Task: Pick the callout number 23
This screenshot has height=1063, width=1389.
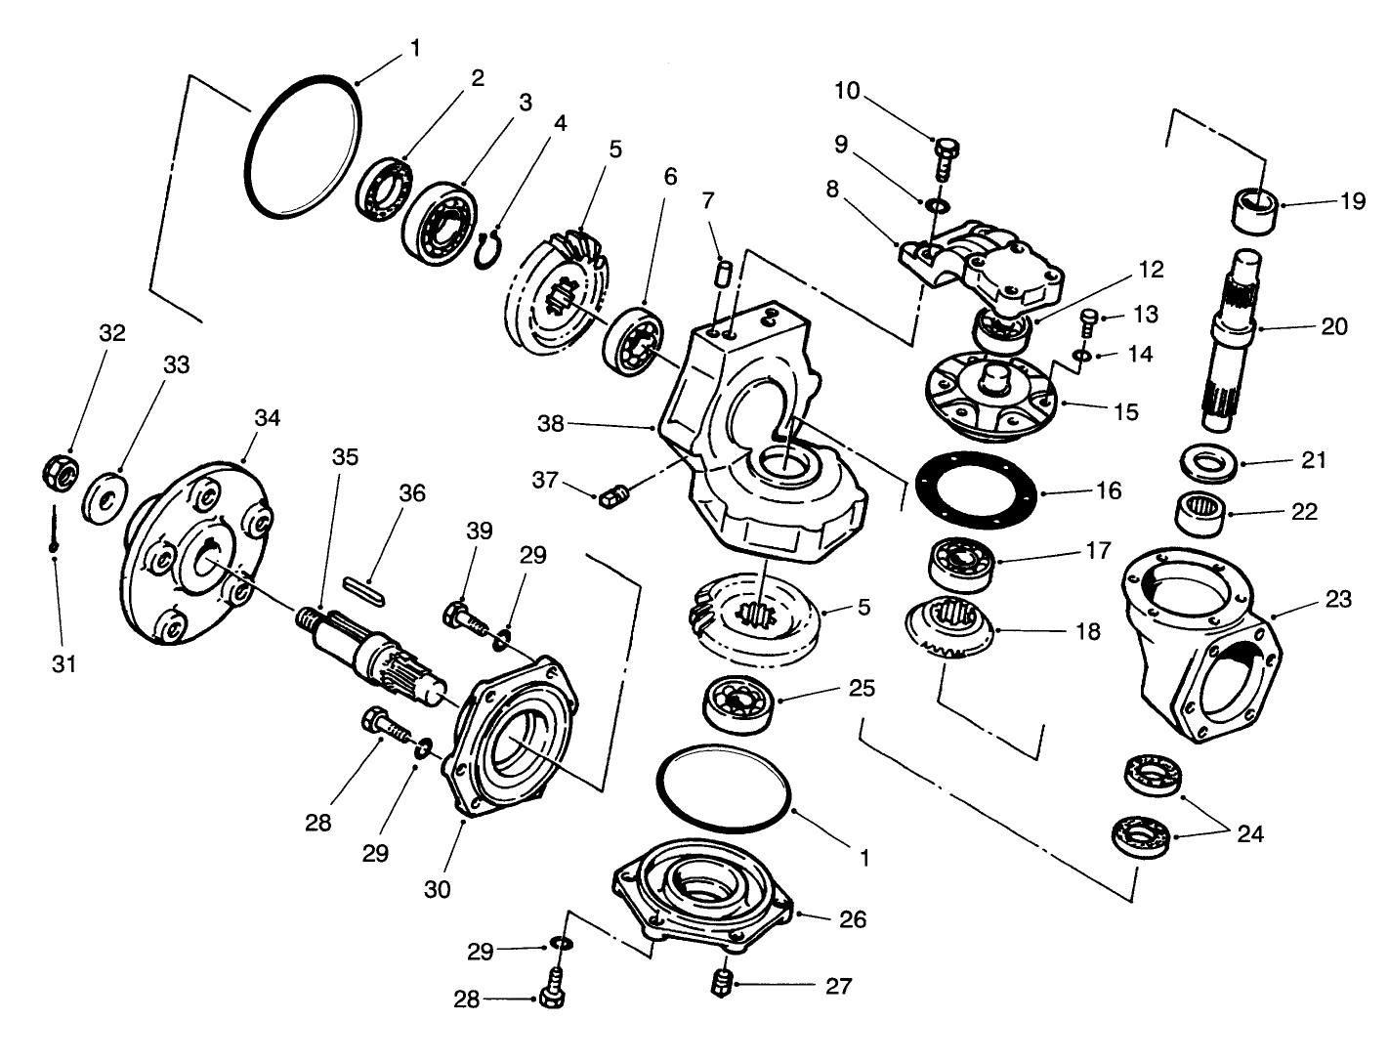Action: click(1338, 599)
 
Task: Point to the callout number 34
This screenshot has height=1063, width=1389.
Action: click(267, 417)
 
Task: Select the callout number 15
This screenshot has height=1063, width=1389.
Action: click(1125, 411)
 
